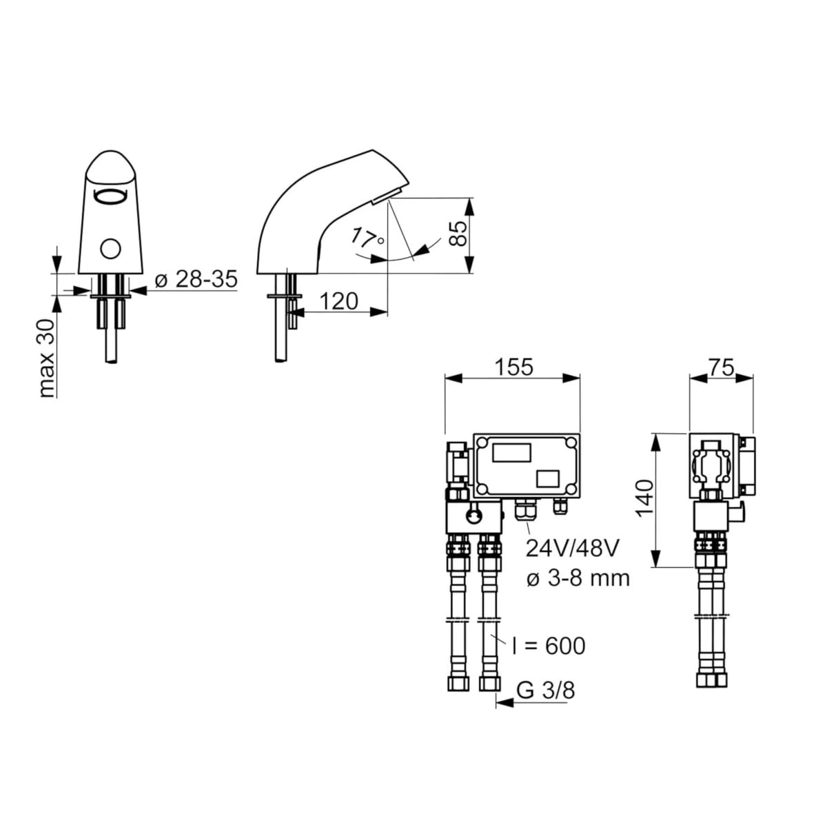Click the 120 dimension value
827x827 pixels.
[339, 301]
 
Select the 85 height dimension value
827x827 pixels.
[458, 234]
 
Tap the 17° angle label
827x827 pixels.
[367, 238]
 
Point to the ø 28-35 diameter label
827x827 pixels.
[196, 280]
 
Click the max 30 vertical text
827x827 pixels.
[47, 359]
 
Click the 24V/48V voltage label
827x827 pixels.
[572, 548]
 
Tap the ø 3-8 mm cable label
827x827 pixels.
[578, 578]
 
